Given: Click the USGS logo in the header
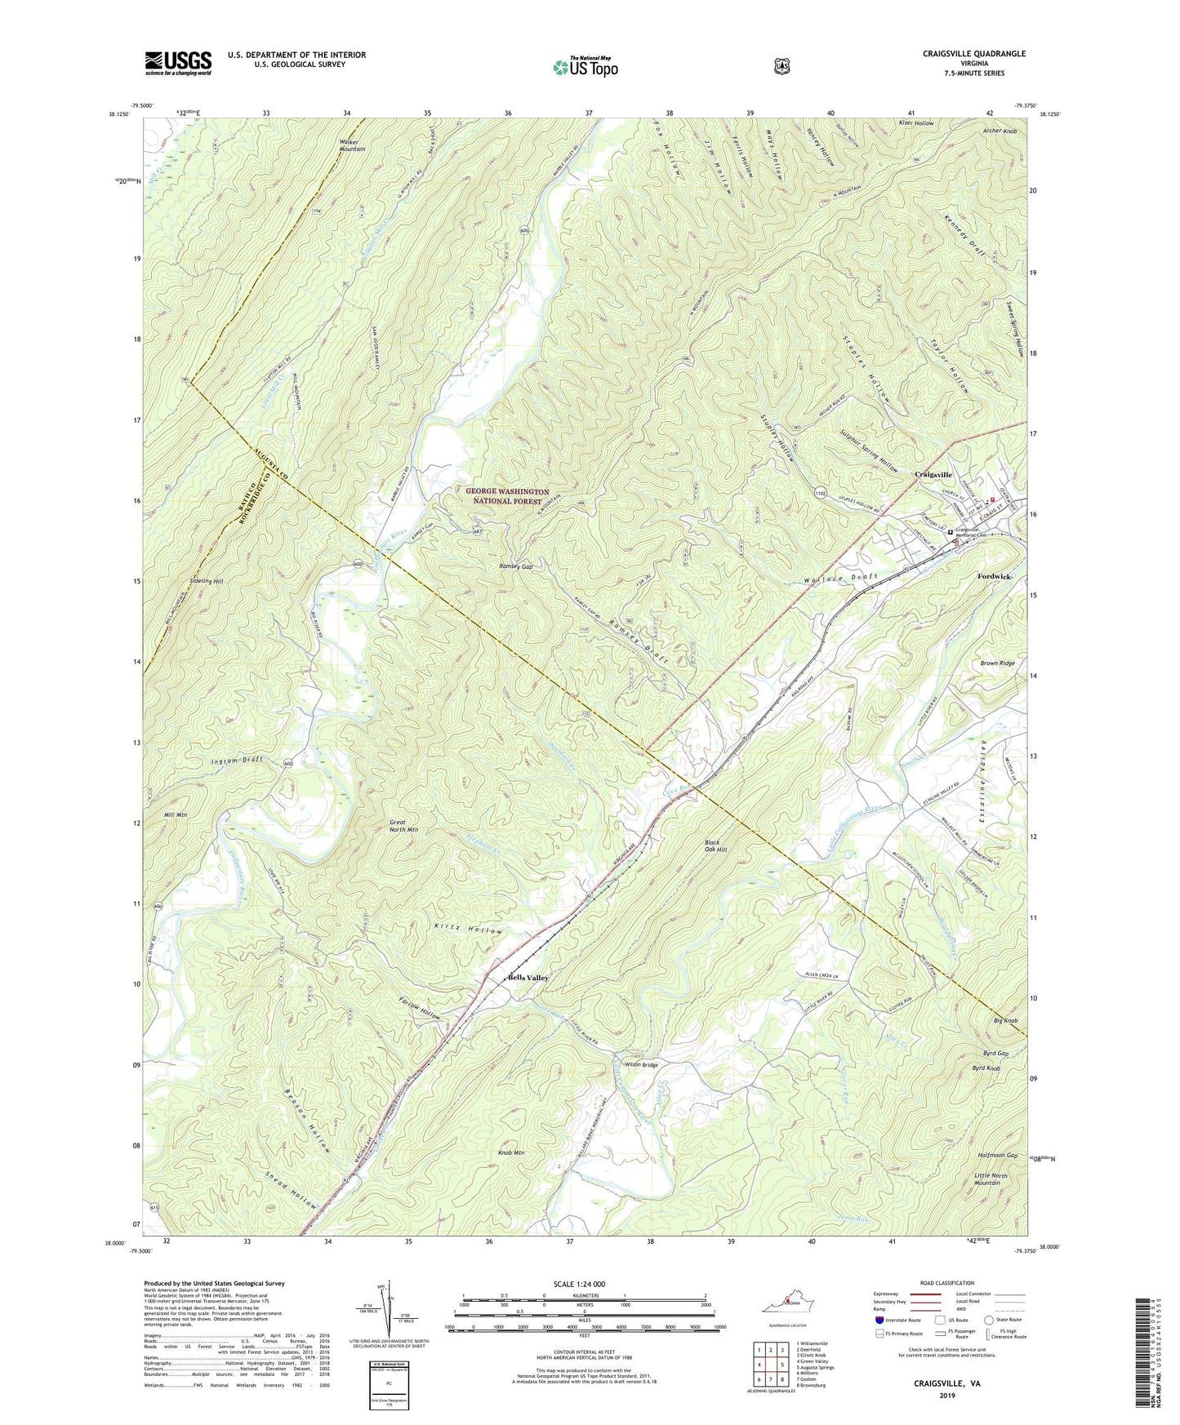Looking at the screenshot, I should [178, 63].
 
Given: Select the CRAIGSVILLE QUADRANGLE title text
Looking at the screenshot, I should [963, 54].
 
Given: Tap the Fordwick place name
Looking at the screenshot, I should [995, 576].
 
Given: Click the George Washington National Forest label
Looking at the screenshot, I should [507, 496].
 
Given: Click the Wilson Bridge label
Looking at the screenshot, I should [641, 1065].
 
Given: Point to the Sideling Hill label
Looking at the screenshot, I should [206, 580].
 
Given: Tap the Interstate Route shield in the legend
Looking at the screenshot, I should [879, 1320].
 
